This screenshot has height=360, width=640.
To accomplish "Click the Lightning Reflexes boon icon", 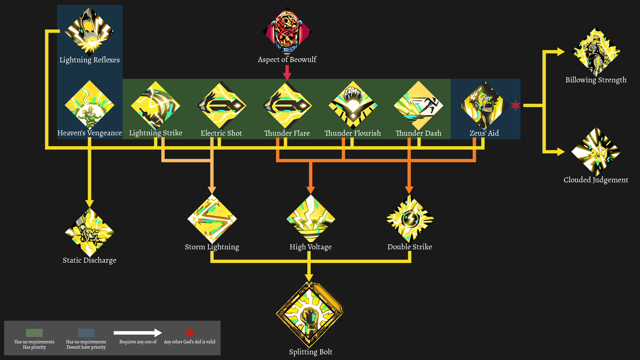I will point(89,31).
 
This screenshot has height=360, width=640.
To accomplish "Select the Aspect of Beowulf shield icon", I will point(287,32).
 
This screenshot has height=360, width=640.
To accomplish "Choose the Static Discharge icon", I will point(89,232).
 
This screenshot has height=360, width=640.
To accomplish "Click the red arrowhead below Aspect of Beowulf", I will point(287,76).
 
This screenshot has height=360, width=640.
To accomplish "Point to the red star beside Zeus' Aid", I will point(515,105).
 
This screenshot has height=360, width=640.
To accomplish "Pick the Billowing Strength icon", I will point(596,52).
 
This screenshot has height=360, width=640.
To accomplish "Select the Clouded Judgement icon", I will point(596,152).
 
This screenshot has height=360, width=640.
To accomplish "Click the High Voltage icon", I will point(311,219).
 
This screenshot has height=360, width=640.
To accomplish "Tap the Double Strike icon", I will point(410,219).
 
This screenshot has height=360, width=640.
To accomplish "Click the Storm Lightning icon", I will point(212,219).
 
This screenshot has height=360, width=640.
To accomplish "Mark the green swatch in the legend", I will point(34,333).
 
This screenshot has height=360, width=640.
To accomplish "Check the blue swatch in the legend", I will point(86,333).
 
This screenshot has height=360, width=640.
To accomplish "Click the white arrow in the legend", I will point(138,333).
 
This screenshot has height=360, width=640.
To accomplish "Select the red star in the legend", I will point(190,332).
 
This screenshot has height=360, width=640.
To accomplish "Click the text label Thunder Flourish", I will point(353,133).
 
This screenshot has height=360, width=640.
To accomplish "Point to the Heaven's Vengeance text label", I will point(89,133).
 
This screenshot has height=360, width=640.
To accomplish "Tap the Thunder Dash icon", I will point(418,105).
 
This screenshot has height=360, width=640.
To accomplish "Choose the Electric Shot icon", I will point(221,105).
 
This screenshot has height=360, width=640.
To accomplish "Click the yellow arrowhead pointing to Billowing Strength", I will point(561,52).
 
